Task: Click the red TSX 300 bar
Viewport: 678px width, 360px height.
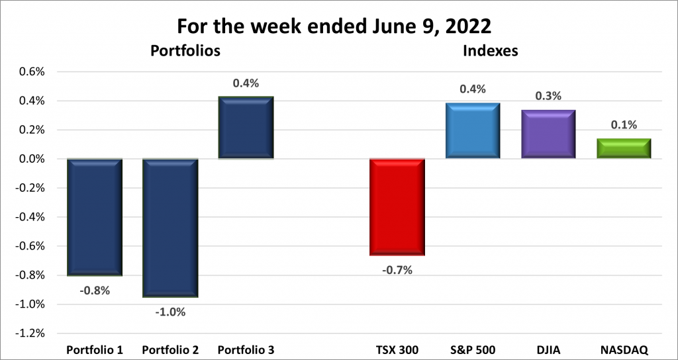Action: [x=397, y=207]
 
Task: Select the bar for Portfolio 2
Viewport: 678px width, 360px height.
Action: [x=170, y=228]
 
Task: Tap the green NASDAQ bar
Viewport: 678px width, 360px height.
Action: [x=624, y=148]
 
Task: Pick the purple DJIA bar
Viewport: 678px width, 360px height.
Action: [x=548, y=134]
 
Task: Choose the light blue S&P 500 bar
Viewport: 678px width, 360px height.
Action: [x=472, y=130]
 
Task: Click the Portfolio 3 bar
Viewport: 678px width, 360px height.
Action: [x=246, y=128]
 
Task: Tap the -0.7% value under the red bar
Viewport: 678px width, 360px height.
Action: [x=397, y=269]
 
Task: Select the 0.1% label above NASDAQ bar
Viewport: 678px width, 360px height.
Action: [x=624, y=125]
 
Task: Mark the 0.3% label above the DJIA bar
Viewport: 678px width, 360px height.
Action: [x=548, y=97]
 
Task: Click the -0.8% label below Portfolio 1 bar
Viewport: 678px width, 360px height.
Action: [x=95, y=290]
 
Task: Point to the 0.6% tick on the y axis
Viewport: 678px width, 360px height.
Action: [x=30, y=72]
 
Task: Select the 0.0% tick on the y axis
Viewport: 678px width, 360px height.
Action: [x=30, y=159]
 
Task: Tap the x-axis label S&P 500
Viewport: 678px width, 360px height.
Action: [x=472, y=349]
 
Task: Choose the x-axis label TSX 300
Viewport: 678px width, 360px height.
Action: [x=397, y=349]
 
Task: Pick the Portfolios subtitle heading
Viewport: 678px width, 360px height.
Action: [x=185, y=50]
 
